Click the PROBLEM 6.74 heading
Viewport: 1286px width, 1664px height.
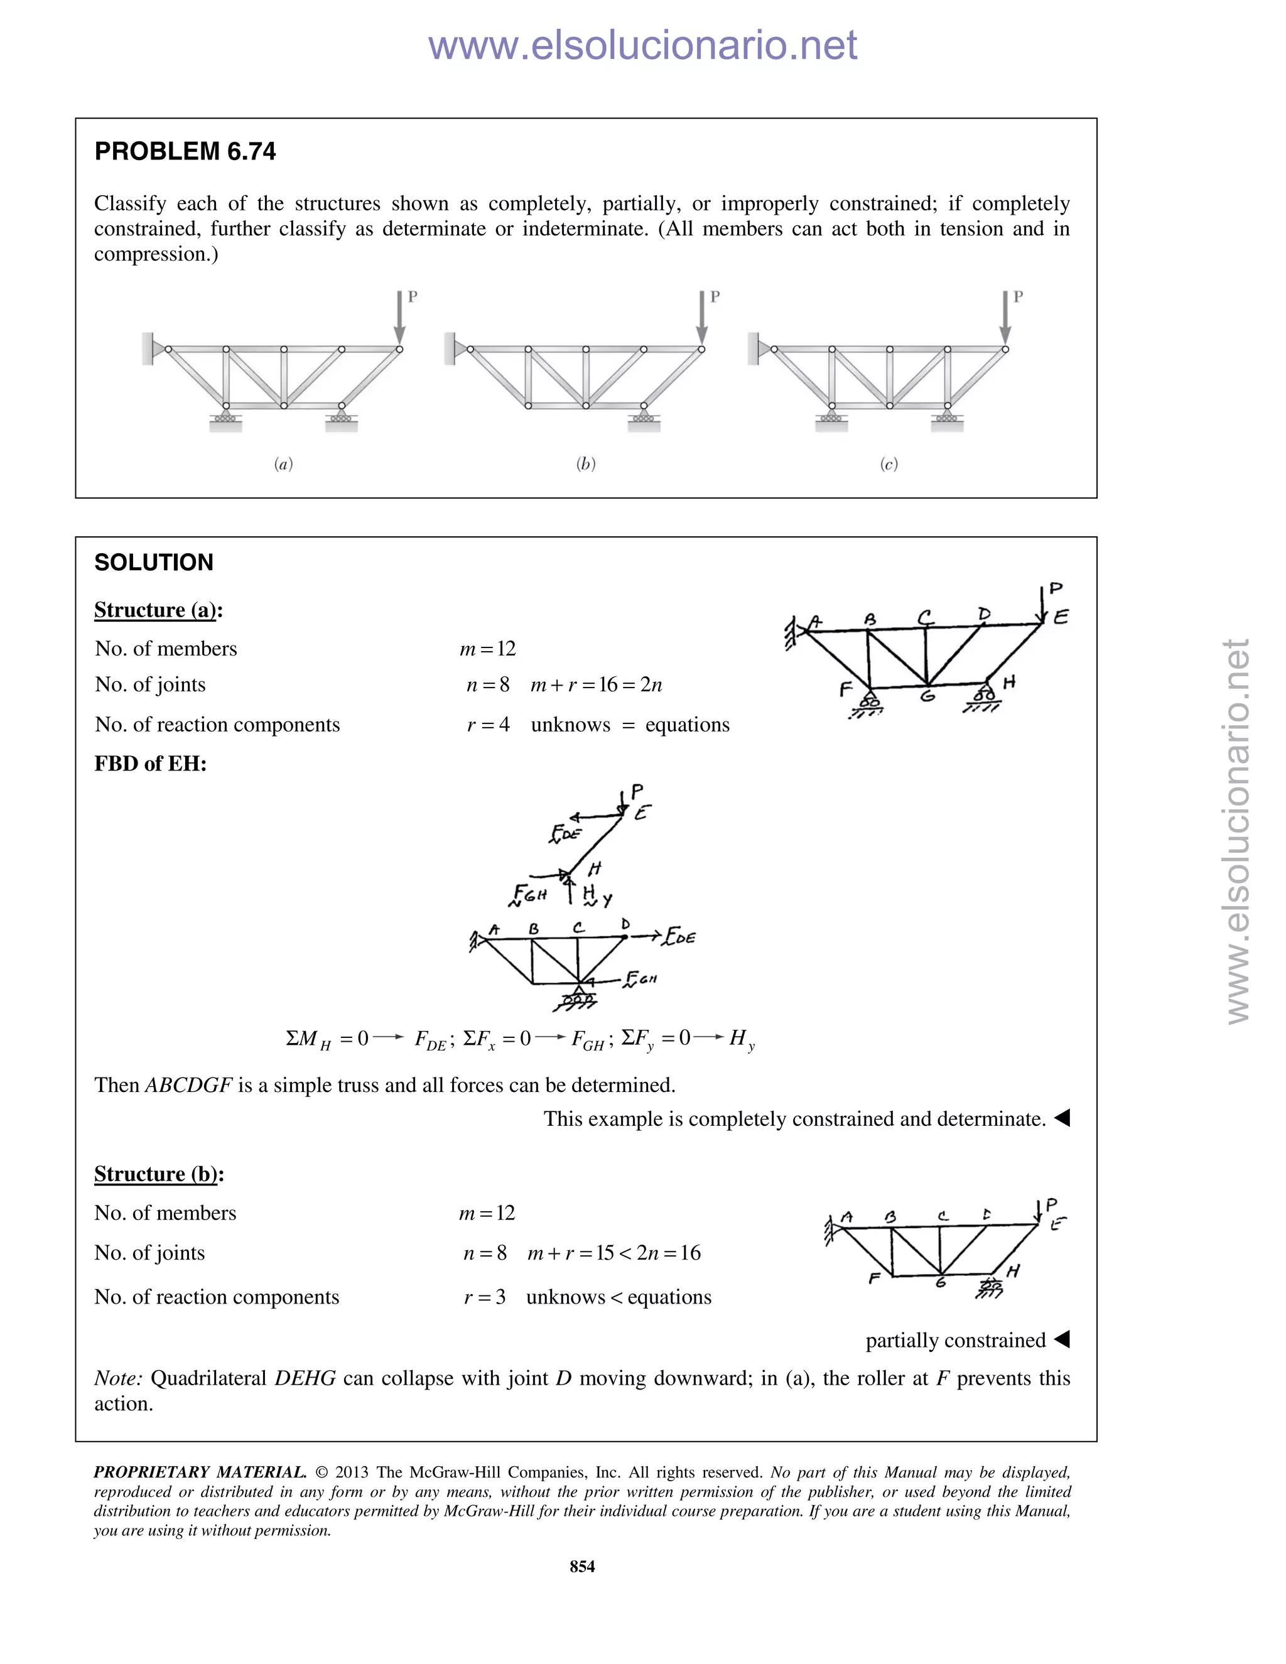(185, 151)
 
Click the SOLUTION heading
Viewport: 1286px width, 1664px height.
(153, 562)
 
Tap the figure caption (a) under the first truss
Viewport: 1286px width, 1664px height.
(283, 463)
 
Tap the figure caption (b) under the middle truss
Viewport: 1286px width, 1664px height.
(585, 463)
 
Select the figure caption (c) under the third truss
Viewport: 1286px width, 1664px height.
(889, 463)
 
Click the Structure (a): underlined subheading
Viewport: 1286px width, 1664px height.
(158, 610)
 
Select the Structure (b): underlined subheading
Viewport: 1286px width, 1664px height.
(158, 1174)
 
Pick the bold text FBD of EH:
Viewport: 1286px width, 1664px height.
(150, 764)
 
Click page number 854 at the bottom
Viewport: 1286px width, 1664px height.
(582, 1567)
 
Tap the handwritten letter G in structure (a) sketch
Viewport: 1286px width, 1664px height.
(927, 694)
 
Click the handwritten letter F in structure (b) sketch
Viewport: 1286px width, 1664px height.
(875, 1278)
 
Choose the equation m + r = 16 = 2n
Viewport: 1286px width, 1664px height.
(596, 685)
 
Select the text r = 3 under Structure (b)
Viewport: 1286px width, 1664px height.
(485, 1297)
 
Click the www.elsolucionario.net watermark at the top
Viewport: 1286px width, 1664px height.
(642, 45)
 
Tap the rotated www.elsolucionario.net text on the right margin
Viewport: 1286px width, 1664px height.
(1238, 831)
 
